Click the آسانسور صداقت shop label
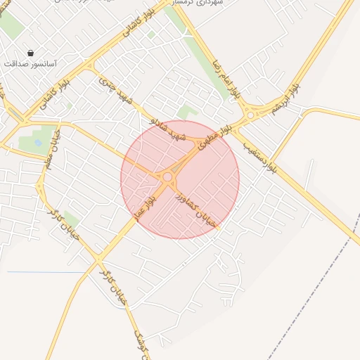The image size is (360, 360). click(30, 63)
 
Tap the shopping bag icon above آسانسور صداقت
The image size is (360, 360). click(30, 53)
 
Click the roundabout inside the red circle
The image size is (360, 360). click(167, 179)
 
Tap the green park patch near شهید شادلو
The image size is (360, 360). click(186, 112)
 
